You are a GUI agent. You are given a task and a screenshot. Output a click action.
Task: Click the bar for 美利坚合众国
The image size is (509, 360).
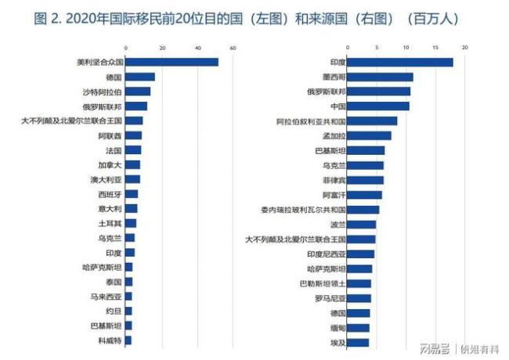tap(171, 62)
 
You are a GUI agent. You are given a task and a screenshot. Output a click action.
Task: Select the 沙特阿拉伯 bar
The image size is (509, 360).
tap(138, 92)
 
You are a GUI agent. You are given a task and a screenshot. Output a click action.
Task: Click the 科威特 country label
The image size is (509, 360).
tap(110, 340)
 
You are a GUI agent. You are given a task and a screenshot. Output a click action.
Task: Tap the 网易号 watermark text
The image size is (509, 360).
tap(433, 348)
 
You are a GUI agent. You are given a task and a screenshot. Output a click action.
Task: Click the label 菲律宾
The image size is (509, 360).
tap(334, 180)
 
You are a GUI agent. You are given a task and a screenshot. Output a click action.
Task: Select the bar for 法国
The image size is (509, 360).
tap(133, 150)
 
